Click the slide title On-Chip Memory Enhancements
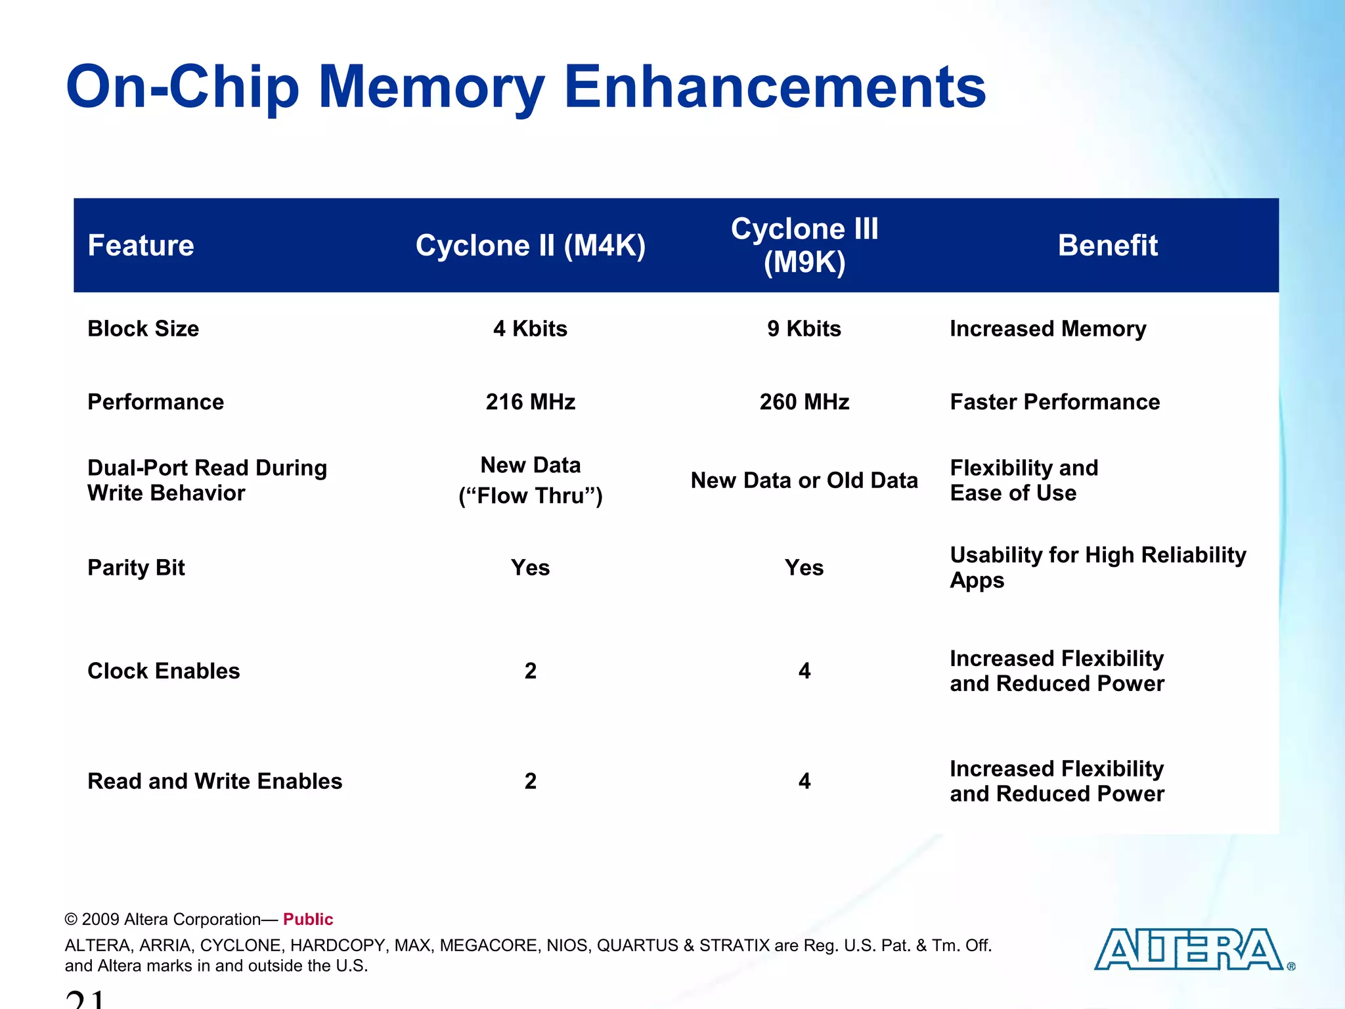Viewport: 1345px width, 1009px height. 525,87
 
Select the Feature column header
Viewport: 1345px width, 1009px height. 141,246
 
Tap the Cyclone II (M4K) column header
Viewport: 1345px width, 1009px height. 531,246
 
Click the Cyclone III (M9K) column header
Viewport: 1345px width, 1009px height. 805,246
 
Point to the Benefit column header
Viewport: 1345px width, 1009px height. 1107,246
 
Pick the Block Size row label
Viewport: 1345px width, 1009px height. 143,328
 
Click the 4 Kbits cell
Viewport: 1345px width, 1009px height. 531,328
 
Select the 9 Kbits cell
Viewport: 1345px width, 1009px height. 805,328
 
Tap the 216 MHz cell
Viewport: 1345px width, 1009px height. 531,402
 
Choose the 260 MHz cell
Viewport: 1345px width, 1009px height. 805,402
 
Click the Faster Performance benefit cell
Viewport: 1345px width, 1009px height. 1055,402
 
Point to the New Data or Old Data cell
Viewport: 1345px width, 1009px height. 805,480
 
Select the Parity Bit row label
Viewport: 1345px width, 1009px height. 137,568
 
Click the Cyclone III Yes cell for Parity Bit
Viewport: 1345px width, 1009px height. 805,568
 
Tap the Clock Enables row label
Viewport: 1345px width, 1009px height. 164,671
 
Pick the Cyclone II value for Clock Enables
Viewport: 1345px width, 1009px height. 531,671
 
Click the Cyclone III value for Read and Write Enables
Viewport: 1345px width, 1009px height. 805,781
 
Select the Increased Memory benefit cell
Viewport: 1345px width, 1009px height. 1048,328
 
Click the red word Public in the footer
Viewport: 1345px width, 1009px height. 308,919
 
